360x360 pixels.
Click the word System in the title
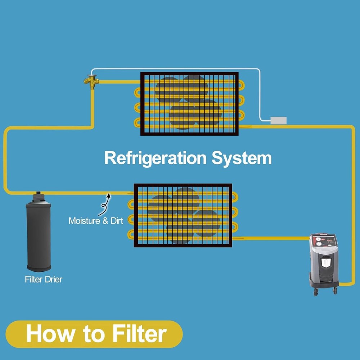241,158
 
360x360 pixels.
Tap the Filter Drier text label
43,279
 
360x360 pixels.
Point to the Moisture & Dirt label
96,221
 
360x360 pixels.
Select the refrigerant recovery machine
324,263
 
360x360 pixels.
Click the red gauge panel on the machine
324,240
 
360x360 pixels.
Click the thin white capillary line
180,69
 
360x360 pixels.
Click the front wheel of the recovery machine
316,293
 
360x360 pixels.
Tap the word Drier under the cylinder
53,279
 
